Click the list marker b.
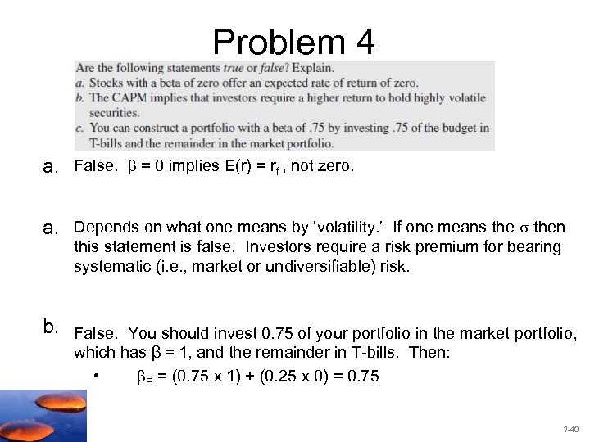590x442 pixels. (x=51, y=329)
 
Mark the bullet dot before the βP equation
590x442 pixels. (x=97, y=377)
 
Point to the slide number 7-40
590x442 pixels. (x=570, y=429)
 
